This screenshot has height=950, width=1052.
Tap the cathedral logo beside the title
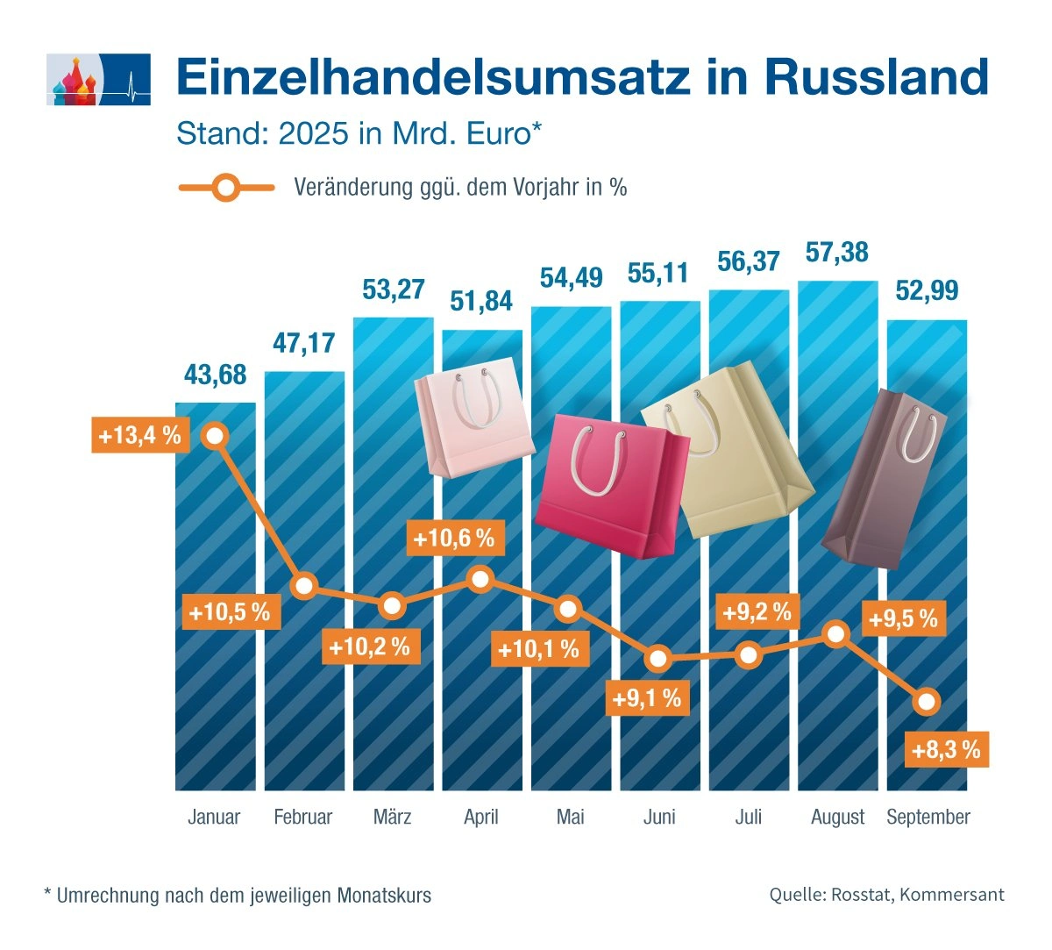(x=97, y=80)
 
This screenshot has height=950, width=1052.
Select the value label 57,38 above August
(x=836, y=253)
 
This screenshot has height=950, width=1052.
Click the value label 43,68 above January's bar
(x=215, y=375)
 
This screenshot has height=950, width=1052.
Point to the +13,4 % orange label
(x=140, y=435)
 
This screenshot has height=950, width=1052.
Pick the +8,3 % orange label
(x=945, y=750)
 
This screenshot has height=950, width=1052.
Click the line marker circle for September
(x=927, y=702)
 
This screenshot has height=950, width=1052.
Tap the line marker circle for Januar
(x=215, y=435)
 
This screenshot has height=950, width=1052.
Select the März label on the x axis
(x=392, y=818)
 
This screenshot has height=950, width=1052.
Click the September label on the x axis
(x=928, y=818)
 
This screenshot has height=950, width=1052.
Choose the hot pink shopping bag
(x=610, y=484)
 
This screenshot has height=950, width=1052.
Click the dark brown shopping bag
(x=884, y=478)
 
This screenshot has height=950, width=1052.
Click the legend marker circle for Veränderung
(x=226, y=187)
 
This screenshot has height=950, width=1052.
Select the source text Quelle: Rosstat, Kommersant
(x=886, y=895)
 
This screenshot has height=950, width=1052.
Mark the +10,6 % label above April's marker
(x=453, y=538)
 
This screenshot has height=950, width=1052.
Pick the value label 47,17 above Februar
(x=303, y=342)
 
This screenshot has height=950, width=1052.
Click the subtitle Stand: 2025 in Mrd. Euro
(x=359, y=133)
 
